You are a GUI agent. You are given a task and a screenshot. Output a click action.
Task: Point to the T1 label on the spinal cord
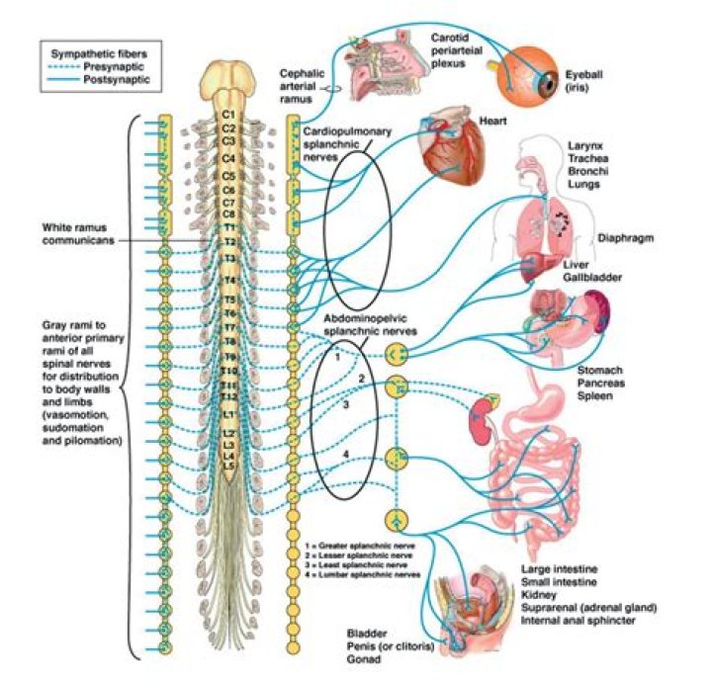click(x=229, y=226)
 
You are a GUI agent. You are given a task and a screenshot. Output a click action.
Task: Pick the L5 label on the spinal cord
click(x=229, y=466)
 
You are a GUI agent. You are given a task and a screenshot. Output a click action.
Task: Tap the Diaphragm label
click(x=627, y=238)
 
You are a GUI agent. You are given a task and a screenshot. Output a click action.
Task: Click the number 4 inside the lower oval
click(x=345, y=455)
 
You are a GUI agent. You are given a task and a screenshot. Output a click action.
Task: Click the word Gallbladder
click(x=592, y=278)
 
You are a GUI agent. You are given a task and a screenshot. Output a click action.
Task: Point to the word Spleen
click(x=595, y=395)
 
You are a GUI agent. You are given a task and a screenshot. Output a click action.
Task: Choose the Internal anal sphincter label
click(x=584, y=621)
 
